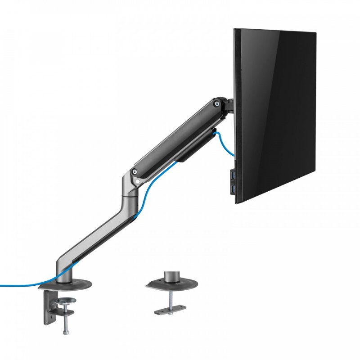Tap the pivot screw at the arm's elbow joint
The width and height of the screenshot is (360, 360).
[x=134, y=171]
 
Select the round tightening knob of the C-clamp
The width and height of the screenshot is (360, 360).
[x=66, y=301]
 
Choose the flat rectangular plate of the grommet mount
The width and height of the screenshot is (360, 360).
[x=170, y=310]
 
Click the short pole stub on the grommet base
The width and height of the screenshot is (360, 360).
[x=171, y=275]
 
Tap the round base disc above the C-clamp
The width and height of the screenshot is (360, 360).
[x=65, y=284]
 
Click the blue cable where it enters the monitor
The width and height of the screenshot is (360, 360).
[x=232, y=155]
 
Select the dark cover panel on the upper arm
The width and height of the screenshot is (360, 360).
[x=175, y=135]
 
